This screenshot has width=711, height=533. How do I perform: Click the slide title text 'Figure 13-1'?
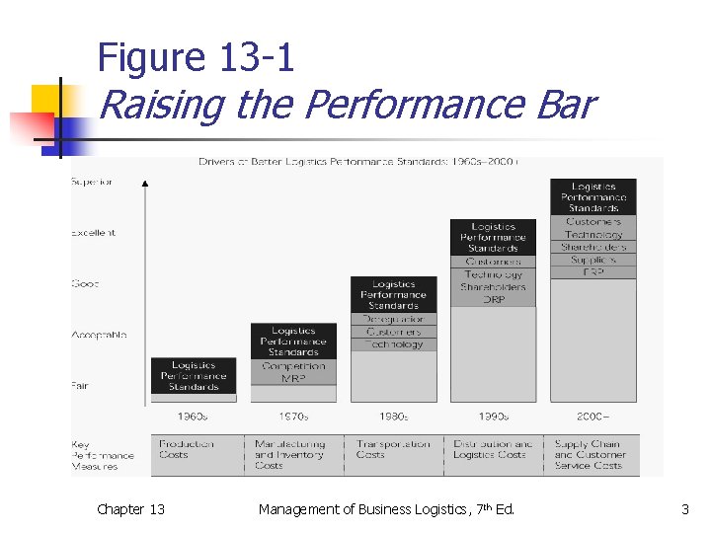(196, 58)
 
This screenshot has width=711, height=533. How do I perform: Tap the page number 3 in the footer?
(684, 509)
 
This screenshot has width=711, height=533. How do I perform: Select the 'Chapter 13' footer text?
(130, 509)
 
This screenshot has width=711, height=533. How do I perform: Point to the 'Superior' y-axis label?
(92, 182)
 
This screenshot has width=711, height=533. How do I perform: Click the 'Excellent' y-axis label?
(93, 233)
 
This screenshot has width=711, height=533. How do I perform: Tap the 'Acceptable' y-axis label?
(99, 336)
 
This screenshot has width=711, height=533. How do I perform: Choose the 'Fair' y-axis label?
(79, 386)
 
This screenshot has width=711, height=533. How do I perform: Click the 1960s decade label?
(194, 416)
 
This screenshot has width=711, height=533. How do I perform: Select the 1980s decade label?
(393, 416)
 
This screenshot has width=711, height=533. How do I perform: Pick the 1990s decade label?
(493, 416)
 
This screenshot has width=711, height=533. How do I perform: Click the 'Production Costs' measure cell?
(186, 449)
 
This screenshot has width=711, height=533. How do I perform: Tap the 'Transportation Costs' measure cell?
(393, 449)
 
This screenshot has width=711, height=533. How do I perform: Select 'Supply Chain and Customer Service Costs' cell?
(590, 455)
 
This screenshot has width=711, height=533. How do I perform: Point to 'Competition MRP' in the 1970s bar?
(293, 372)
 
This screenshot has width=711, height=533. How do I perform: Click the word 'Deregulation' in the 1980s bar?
(393, 319)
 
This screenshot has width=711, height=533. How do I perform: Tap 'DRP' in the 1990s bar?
(493, 299)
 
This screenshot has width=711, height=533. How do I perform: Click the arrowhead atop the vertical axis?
(145, 183)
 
